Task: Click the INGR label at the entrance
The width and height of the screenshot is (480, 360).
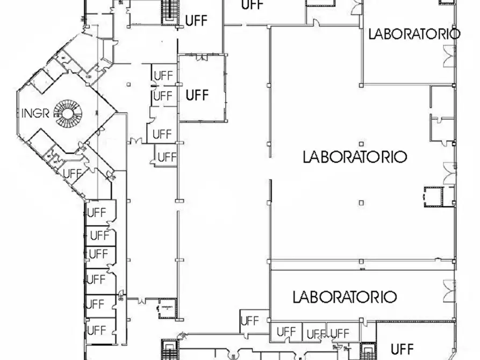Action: [x=35, y=113]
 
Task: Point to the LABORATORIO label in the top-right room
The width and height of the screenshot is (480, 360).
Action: [x=414, y=34]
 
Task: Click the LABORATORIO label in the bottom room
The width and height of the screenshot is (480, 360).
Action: [x=345, y=297]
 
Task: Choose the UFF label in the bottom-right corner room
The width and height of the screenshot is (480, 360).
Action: [x=402, y=347]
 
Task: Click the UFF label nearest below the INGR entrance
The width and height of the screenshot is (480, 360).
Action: [x=73, y=174]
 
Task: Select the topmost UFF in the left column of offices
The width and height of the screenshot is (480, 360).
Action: [x=97, y=212]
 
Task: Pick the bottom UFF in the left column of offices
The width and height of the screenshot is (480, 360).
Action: [x=97, y=329]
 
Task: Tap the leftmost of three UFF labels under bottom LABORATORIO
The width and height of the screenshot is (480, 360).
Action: [x=286, y=332]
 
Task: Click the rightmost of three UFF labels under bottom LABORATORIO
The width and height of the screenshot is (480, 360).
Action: [x=340, y=334]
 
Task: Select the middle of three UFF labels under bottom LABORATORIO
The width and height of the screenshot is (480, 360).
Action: [x=316, y=334]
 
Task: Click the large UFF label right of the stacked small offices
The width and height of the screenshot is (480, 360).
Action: [x=197, y=95]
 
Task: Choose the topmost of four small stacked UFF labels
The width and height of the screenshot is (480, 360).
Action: [x=163, y=76]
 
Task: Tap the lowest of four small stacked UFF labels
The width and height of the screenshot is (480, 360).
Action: [x=167, y=157]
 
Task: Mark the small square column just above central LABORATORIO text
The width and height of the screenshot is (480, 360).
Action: [x=362, y=143]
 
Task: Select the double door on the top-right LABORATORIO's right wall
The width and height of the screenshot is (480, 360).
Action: [x=448, y=56]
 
